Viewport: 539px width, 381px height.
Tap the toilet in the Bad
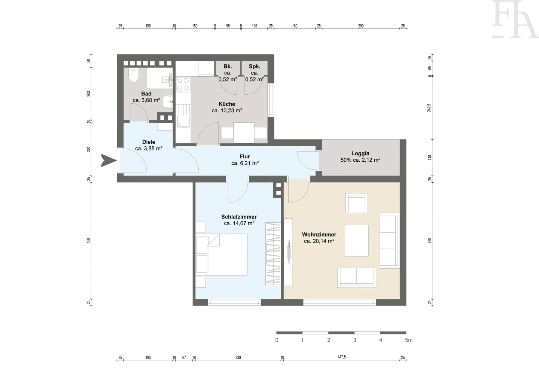tap(133, 75)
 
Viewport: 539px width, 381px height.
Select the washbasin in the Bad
tap(167, 101)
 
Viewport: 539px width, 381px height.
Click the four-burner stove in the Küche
tap(183, 84)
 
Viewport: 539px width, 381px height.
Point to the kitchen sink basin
tap(183, 121)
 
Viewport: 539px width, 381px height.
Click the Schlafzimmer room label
tap(239, 217)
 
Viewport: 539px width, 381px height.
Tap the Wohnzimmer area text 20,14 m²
tap(324, 241)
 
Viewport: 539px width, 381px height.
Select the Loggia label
tap(360, 153)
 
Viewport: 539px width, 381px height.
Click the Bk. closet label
tap(228, 66)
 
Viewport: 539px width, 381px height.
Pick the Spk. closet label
tap(255, 66)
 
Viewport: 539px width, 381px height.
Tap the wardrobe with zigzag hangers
tap(273, 254)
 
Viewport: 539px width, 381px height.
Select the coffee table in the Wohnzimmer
tap(357, 241)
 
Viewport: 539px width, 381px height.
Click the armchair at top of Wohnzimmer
tap(357, 203)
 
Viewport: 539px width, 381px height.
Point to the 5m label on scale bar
tap(409, 340)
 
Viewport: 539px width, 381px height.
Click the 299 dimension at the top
tap(361, 26)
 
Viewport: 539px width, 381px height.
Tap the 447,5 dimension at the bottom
tap(341, 357)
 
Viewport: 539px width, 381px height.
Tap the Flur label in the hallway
tap(245, 156)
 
